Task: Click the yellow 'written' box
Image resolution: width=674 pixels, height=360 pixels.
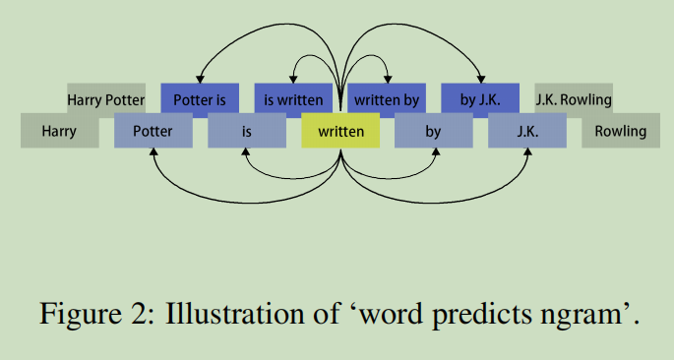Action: pyautogui.click(x=340, y=131)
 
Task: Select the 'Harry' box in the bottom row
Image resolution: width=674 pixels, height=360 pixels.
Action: pyautogui.click(x=60, y=131)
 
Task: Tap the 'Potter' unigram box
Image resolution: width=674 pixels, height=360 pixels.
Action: pyautogui.click(x=153, y=131)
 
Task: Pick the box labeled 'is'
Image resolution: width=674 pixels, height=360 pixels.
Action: pyautogui.click(x=246, y=131)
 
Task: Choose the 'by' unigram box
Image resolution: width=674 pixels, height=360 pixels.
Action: pyautogui.click(x=433, y=131)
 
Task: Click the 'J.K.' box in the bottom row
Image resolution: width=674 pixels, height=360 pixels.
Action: pyautogui.click(x=526, y=131)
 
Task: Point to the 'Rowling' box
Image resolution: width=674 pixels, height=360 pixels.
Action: pyautogui.click(x=620, y=131)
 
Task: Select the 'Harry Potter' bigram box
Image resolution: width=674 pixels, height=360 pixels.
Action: pyautogui.click(x=106, y=98)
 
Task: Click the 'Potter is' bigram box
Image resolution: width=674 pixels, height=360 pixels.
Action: pyautogui.click(x=200, y=98)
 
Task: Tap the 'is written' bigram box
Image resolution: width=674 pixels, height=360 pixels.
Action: pyautogui.click(x=293, y=98)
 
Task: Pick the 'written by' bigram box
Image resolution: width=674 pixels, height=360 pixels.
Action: pyautogui.click(x=387, y=98)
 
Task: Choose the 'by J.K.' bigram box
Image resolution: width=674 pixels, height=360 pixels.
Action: pyautogui.click(x=480, y=98)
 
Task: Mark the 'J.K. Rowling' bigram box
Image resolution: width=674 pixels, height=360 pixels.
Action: pyautogui.click(x=574, y=98)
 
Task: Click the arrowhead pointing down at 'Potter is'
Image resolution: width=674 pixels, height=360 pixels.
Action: pyautogui.click(x=200, y=79)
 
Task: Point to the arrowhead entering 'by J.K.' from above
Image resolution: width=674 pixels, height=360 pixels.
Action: pyautogui.click(x=481, y=79)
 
